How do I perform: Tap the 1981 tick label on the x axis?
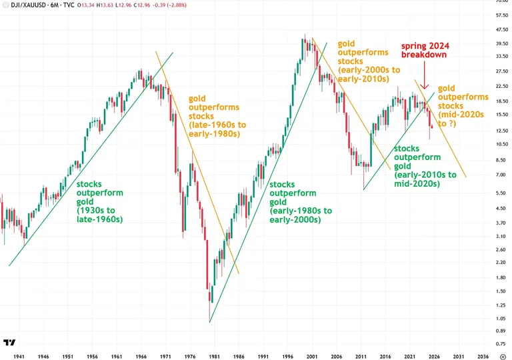point(211,355)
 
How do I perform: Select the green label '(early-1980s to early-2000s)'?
point(300,215)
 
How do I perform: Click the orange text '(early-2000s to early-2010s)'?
point(364,74)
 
